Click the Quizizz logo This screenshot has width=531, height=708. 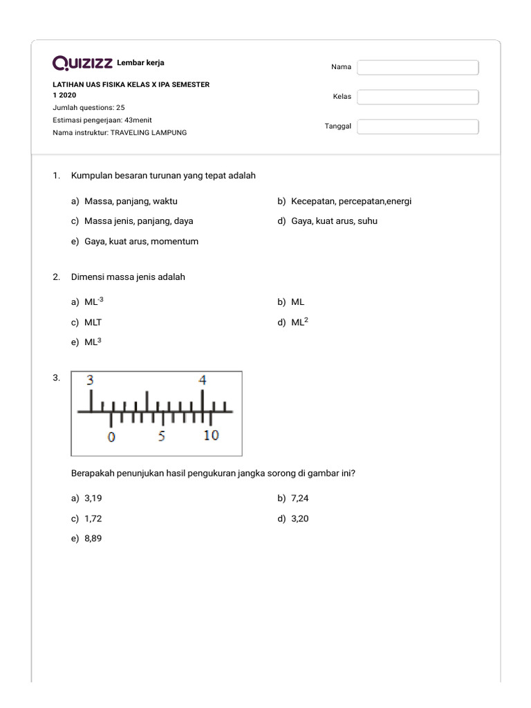point(82,64)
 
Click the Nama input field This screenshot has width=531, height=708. point(418,67)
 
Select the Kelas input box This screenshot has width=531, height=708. point(418,97)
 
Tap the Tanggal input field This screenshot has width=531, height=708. point(418,127)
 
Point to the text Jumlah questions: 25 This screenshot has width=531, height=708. point(88,108)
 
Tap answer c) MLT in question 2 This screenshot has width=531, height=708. point(93,322)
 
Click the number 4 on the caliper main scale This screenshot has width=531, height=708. point(203,380)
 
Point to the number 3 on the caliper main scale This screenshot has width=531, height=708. point(90,380)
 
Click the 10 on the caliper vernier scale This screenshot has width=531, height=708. point(211,436)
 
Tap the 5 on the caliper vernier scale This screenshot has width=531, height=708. point(161,436)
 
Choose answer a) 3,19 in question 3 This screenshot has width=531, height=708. point(93,499)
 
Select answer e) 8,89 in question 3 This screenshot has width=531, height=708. point(93,539)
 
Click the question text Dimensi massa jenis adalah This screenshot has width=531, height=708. point(128,277)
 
